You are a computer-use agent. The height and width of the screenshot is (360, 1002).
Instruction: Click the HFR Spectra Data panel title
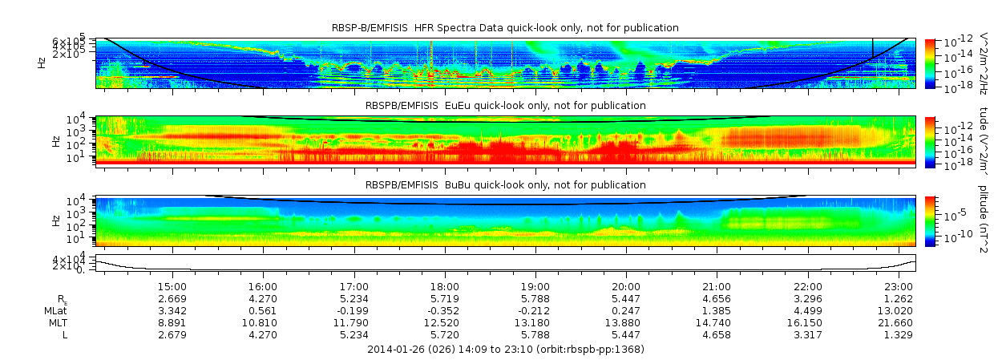click(x=505, y=28)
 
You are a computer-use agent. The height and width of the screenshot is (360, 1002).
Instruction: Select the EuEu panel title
click(x=505, y=105)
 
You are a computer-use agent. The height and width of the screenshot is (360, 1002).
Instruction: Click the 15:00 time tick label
click(x=172, y=286)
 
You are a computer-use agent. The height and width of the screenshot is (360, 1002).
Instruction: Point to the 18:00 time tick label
click(x=445, y=286)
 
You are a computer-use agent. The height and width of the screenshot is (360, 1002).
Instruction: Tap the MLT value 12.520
click(x=445, y=322)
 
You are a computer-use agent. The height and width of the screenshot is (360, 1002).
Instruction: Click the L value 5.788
click(x=535, y=334)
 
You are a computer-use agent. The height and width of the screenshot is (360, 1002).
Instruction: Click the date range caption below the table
click(x=505, y=350)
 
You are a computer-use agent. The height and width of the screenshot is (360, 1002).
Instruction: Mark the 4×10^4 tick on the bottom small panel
click(x=79, y=259)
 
